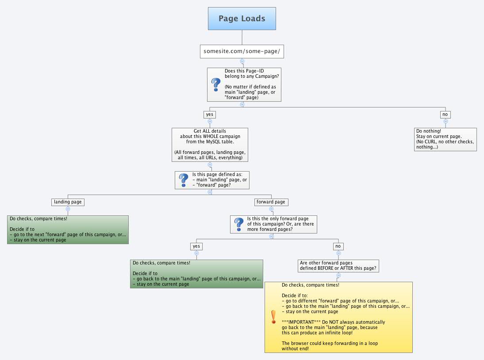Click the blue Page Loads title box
click(x=242, y=19)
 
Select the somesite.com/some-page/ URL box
click(x=242, y=51)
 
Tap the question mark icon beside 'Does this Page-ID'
click(x=216, y=84)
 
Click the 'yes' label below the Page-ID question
click(x=209, y=114)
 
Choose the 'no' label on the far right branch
click(x=445, y=114)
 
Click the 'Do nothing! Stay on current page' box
click(x=445, y=139)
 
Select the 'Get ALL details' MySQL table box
click(x=210, y=145)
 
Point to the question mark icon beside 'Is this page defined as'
click(x=184, y=180)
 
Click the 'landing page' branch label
click(x=68, y=202)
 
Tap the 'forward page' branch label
click(x=271, y=202)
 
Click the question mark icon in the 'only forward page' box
click(x=239, y=224)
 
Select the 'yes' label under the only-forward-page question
click(x=196, y=246)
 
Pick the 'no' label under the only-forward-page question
click(x=338, y=246)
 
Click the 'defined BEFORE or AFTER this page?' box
click(x=338, y=265)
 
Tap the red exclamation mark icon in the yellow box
click(x=273, y=317)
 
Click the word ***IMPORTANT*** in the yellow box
click(x=298, y=322)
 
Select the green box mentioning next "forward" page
click(x=68, y=230)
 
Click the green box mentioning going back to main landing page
click(x=196, y=274)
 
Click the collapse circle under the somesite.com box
click(x=242, y=61)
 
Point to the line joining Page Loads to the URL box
click(x=242, y=38)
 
